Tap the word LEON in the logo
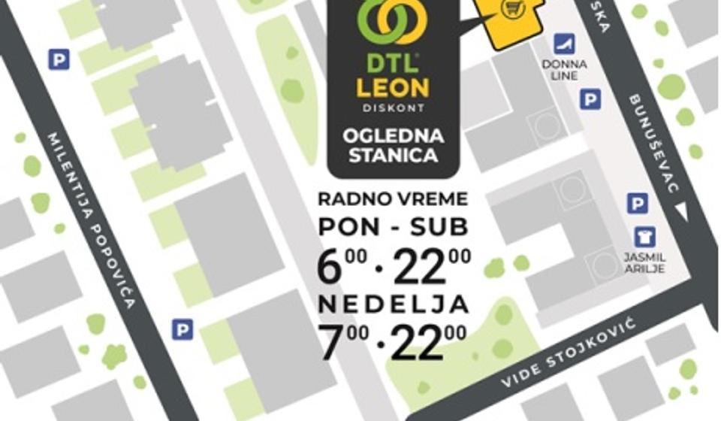tap(393, 86)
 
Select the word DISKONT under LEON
tap(393, 108)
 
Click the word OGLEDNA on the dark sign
tap(393, 136)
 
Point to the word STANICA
tap(393, 156)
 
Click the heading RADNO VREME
tap(393, 199)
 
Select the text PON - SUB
tap(393, 226)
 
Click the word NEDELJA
tap(393, 304)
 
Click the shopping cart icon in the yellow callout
tap(513, 10)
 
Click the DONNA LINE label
tap(564, 70)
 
